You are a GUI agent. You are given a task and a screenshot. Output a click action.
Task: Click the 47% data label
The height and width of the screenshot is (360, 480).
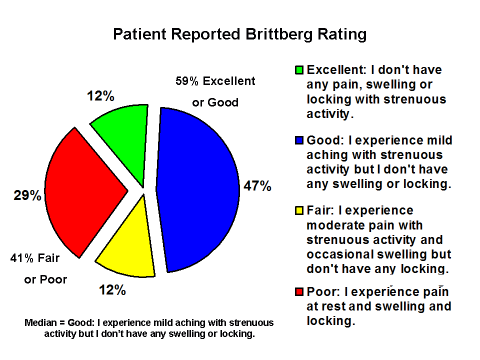(257, 185)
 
